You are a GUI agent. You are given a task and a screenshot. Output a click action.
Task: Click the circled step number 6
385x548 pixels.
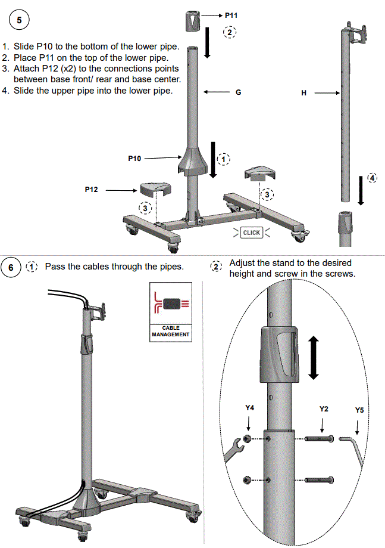point(11,267)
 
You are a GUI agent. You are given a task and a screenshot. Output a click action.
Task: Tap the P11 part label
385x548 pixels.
point(232,14)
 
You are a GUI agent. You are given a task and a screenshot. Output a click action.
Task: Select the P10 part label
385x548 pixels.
point(135,158)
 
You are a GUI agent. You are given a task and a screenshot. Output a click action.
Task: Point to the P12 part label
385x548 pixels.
point(92,190)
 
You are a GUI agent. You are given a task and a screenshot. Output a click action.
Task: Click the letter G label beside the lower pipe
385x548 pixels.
point(238,92)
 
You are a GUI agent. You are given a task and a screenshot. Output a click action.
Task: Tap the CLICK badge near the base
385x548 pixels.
point(252,233)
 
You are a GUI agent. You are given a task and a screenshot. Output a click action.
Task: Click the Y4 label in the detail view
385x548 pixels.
point(250,408)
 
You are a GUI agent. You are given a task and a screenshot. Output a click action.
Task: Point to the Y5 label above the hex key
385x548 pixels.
point(359,410)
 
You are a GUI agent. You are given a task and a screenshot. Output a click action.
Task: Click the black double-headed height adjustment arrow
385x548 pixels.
point(314,357)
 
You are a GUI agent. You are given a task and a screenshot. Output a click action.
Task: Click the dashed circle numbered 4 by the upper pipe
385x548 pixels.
point(372,178)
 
